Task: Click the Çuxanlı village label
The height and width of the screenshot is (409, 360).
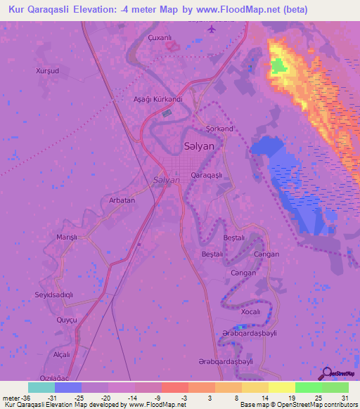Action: point(160,38)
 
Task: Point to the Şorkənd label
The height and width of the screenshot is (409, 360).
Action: point(219,129)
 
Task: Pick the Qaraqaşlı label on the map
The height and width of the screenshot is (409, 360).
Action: point(207,174)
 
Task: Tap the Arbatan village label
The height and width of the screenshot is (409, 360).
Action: point(122,200)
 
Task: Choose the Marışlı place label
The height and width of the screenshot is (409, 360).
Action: point(67,238)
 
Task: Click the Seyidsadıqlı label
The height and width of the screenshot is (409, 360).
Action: point(54,294)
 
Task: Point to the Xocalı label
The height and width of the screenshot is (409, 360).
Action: point(250,311)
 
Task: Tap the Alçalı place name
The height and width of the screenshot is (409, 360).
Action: point(63,354)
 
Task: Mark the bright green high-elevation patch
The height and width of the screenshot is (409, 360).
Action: point(279,67)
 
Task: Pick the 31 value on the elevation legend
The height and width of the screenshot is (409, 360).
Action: point(344,396)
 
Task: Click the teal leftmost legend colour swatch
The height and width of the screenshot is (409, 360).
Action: point(41,387)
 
